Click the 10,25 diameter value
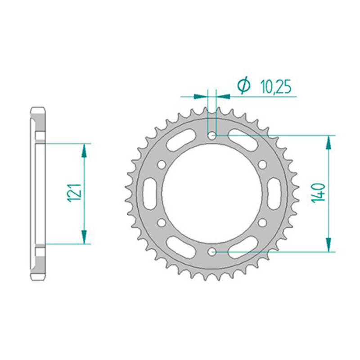275,87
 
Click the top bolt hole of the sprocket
212,136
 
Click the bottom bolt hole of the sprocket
212,252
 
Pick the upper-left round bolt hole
162,165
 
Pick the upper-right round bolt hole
262,165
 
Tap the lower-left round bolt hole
162,223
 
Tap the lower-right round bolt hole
262,223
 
